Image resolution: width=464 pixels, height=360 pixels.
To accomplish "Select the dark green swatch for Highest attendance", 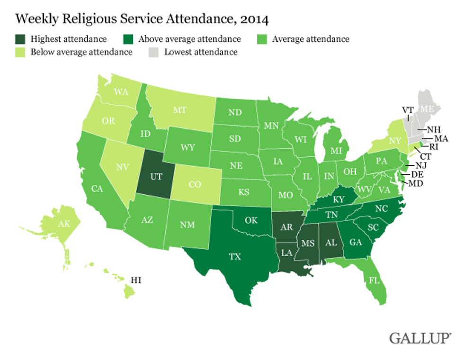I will click(21, 39).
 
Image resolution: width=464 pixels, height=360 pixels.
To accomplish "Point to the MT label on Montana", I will click(179, 110).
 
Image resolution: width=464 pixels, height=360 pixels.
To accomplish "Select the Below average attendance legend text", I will click(81, 52).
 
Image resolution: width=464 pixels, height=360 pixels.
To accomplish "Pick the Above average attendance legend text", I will click(189, 39).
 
